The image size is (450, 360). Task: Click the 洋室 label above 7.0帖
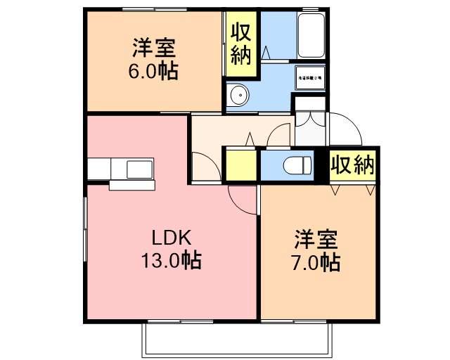[317, 239]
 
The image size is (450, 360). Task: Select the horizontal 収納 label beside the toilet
[352, 166]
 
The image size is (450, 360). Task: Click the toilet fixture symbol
[297, 167]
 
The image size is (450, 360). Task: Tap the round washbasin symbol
[238, 94]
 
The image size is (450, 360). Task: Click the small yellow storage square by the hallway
[240, 167]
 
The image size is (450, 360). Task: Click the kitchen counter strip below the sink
[131, 185]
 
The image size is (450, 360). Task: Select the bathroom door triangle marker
[266, 52]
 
